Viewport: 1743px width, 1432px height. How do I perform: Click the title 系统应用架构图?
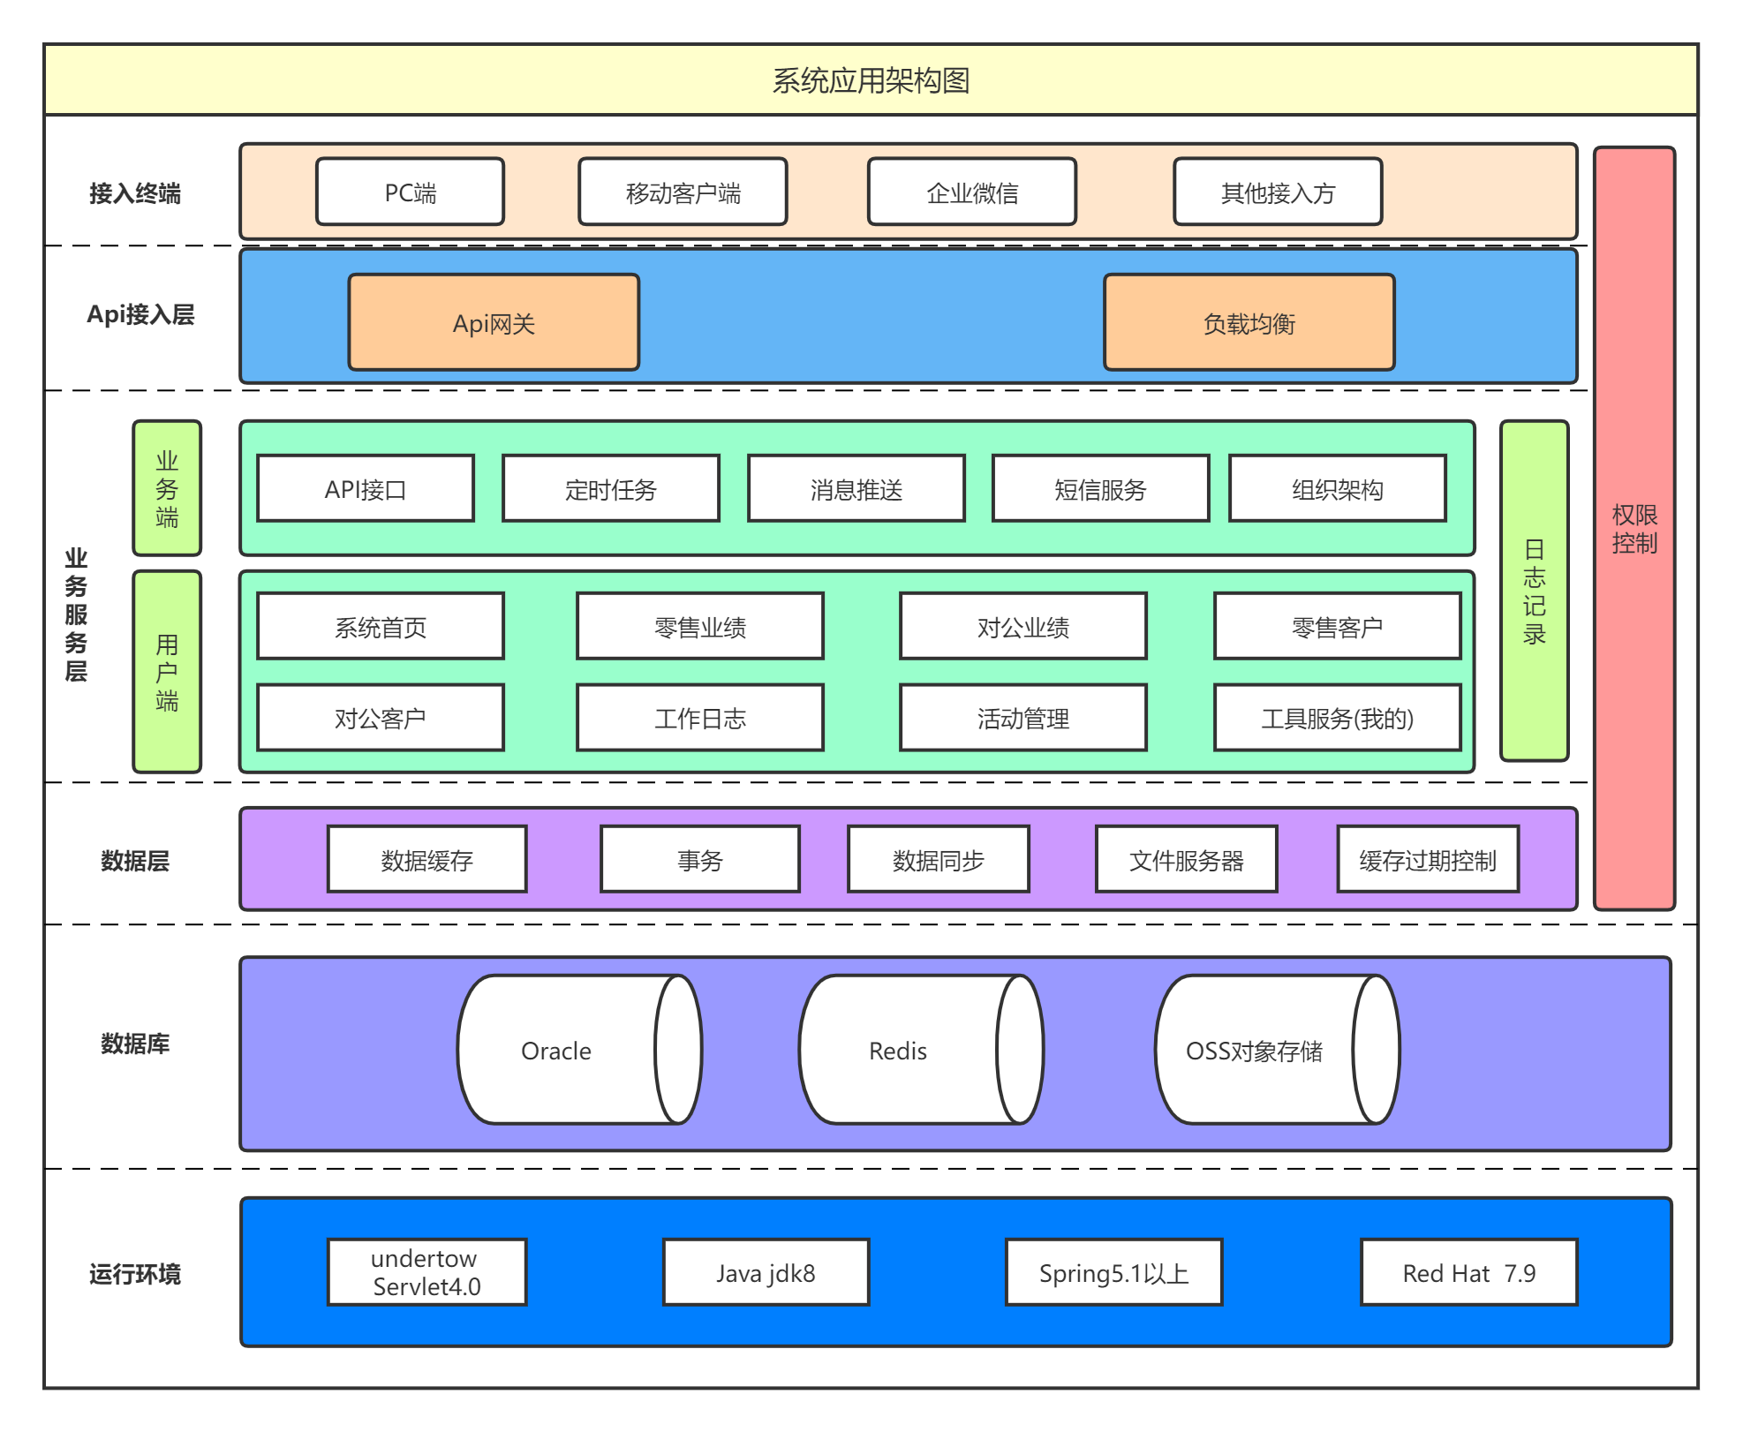tap(871, 80)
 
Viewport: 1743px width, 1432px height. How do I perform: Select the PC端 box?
tap(411, 192)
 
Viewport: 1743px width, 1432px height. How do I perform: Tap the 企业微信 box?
tap(972, 192)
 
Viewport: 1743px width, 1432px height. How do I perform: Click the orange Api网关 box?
tap(494, 322)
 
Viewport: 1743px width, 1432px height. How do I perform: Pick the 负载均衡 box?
tap(1249, 322)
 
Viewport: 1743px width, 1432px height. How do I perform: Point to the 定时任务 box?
tap(611, 488)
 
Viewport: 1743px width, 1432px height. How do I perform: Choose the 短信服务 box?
tap(1100, 488)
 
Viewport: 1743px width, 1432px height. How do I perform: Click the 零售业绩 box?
tap(700, 626)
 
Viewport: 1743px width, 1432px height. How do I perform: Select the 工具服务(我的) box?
tap(1338, 718)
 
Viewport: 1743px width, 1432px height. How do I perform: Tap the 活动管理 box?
tap(1023, 718)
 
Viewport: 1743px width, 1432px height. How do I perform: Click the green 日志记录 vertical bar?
tap(1535, 591)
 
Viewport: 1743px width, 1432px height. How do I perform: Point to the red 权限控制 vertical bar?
tap(1634, 528)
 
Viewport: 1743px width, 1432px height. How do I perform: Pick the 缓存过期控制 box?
tap(1428, 859)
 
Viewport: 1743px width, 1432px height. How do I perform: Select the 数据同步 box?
tap(939, 859)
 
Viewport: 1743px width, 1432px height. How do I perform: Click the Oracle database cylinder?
tap(579, 1049)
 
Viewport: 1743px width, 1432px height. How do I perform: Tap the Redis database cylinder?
tap(921, 1049)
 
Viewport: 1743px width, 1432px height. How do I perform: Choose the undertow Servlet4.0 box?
tap(426, 1271)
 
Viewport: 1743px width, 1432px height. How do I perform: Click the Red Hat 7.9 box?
tap(1469, 1271)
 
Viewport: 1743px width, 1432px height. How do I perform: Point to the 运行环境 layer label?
tap(135, 1274)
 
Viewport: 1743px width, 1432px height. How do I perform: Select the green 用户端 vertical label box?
tap(167, 672)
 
